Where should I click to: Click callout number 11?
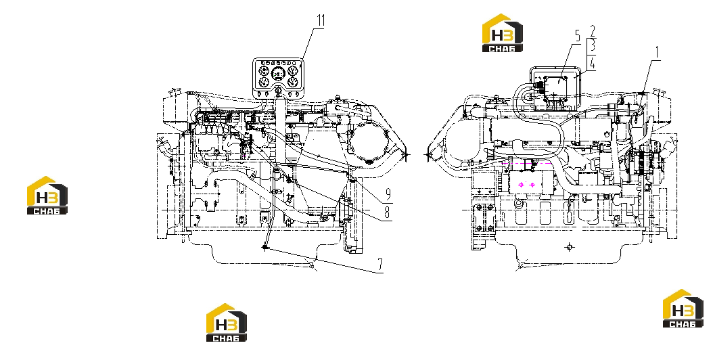[321, 21]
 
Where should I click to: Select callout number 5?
[577, 37]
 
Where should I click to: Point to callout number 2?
[593, 32]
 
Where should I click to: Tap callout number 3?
[593, 46]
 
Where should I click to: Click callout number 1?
[657, 53]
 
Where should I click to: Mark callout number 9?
[388, 195]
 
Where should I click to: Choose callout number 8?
[387, 213]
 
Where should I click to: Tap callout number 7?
[380, 265]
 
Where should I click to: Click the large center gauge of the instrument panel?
[278, 74]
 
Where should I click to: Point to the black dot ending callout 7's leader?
[264, 247]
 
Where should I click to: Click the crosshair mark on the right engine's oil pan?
[569, 247]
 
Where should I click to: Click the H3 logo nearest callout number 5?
[503, 33]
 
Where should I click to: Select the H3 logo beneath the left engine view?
[227, 323]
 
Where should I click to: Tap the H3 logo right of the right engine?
[683, 309]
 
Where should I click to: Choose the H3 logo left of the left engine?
[47, 196]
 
